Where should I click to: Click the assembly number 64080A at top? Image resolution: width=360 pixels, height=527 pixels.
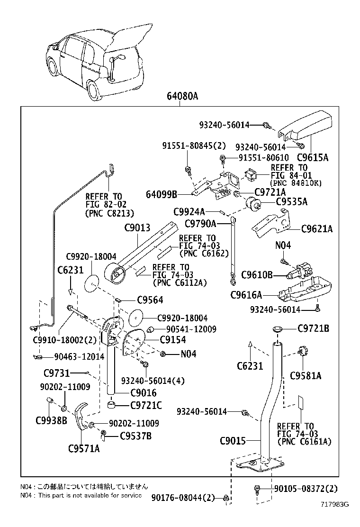182,97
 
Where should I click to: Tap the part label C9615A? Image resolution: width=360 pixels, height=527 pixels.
312,157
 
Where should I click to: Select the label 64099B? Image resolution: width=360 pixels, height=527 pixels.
162,194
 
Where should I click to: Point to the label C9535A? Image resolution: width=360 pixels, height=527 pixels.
292,202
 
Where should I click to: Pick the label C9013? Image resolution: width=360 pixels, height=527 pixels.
137,227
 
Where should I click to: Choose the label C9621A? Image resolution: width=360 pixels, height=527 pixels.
317,229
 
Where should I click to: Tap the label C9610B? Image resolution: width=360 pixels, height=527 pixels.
257,275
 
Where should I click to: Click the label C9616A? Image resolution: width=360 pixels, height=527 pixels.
246,295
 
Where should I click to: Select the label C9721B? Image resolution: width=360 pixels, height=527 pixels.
314,328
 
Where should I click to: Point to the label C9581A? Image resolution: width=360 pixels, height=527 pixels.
306,376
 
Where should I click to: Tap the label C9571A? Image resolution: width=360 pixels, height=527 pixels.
84,448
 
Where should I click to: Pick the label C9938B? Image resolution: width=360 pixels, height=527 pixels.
51,420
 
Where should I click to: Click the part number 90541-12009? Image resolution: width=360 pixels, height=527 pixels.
191,329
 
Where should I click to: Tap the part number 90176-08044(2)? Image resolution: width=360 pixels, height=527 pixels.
183,497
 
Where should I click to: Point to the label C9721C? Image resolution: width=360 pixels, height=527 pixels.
146,405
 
